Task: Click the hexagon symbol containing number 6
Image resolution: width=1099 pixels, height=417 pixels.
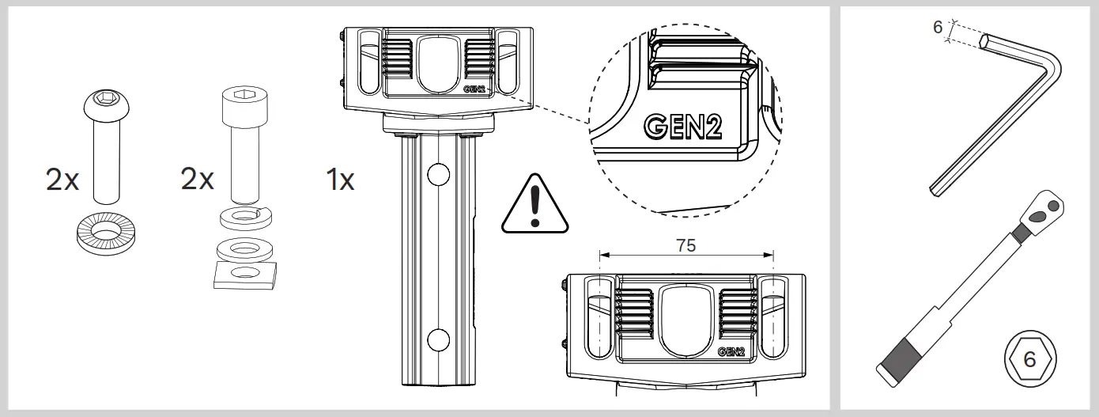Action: (x=1028, y=358)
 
